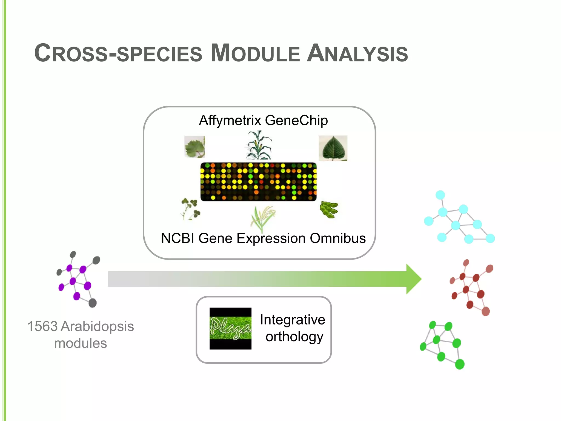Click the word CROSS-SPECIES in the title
[x=118, y=53]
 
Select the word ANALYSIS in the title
[x=357, y=53]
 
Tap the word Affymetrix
[x=230, y=121]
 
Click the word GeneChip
[x=296, y=121]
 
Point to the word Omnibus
[x=338, y=238]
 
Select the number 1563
[x=42, y=326]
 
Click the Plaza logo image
[x=230, y=328]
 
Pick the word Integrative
[x=293, y=320]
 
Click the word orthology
[x=294, y=337]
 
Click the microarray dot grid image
[x=258, y=182]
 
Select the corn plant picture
[x=258, y=145]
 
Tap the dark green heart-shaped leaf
[x=333, y=148]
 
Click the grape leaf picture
[x=194, y=147]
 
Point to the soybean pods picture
[x=329, y=209]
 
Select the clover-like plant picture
[x=190, y=209]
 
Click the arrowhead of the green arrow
[x=414, y=279]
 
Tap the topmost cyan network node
[x=440, y=195]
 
